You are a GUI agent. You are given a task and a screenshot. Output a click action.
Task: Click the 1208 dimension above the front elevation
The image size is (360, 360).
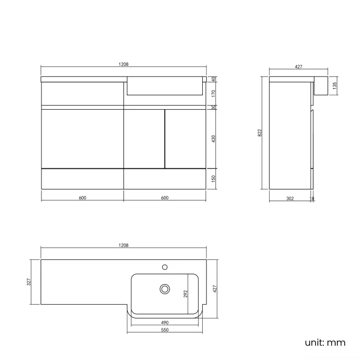124,64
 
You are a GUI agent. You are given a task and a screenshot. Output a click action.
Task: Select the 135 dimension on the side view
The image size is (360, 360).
335,86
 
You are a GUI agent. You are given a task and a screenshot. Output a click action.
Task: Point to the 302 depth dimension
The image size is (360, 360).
290,198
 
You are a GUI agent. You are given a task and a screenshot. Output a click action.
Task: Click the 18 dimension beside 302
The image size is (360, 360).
312,198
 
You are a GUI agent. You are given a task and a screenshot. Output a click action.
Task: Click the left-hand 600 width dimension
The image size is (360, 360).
82,198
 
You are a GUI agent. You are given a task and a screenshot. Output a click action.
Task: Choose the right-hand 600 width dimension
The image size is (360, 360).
164,198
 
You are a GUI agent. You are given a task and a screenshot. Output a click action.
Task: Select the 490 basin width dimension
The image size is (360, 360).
164,322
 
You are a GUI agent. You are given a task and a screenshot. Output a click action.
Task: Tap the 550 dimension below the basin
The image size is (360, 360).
164,330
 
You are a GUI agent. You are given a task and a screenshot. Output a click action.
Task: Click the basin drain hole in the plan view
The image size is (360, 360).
164,289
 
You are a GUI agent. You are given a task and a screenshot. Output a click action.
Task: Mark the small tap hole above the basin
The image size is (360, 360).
164,267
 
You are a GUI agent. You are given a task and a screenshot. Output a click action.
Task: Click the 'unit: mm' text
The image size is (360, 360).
325,342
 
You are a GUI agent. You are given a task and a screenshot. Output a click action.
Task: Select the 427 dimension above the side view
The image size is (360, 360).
298,66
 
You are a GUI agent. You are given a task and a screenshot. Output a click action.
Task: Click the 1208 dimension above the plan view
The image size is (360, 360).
124,245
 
